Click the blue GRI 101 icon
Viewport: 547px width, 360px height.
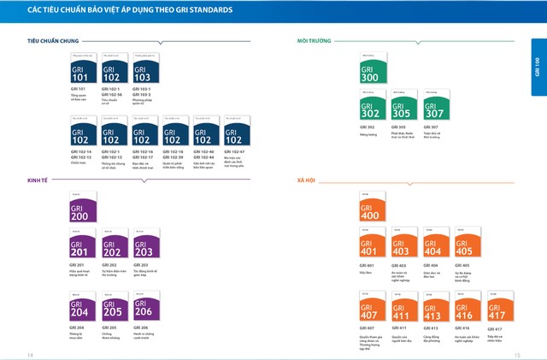(80, 69)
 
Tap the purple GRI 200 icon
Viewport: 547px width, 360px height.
(80, 209)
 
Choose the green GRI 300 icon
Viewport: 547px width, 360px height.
(373, 69)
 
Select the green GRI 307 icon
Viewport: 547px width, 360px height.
(436, 106)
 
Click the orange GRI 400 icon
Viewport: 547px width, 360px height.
(373, 209)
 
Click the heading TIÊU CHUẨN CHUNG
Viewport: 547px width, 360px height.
(53, 40)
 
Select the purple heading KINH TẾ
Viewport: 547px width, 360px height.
(38, 181)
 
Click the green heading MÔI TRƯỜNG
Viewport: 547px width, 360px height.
(315, 40)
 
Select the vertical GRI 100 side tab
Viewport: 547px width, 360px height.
(538, 67)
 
